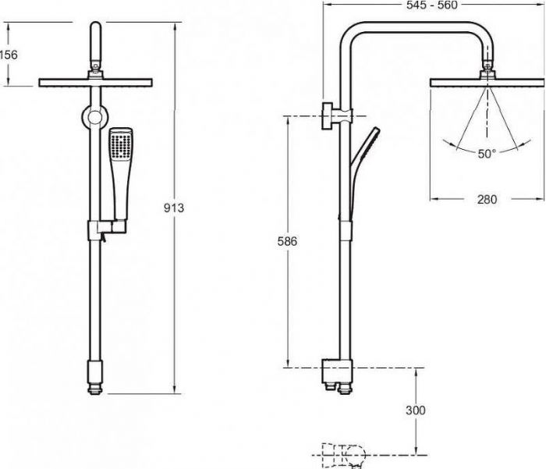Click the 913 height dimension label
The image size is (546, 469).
tap(173, 208)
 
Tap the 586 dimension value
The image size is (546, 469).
tap(287, 241)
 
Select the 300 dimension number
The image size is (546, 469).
tap(416, 410)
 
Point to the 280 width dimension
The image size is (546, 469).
tap(487, 199)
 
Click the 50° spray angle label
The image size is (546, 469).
tap(487, 153)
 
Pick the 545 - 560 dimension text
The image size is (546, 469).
tap(432, 5)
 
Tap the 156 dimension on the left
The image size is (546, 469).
tap(9, 55)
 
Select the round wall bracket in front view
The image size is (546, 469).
tap(94, 117)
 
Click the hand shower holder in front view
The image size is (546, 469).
tap(107, 228)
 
